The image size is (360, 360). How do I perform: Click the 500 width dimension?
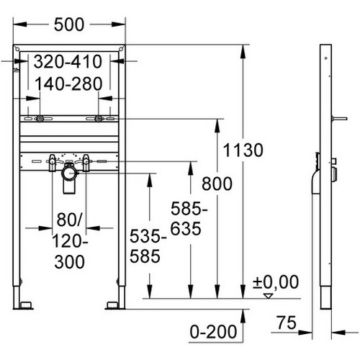[x=69, y=24]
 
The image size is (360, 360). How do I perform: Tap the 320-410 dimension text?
[x=68, y=62]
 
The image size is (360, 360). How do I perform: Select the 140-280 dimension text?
[x=68, y=84]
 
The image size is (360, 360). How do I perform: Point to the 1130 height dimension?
[x=243, y=150]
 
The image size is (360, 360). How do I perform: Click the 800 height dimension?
[x=217, y=184]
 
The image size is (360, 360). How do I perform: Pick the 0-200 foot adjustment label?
[x=213, y=332]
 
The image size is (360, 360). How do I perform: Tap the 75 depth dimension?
[x=287, y=323]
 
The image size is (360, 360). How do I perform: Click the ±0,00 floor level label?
[x=276, y=282]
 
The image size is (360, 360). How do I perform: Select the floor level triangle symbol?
[x=269, y=296]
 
